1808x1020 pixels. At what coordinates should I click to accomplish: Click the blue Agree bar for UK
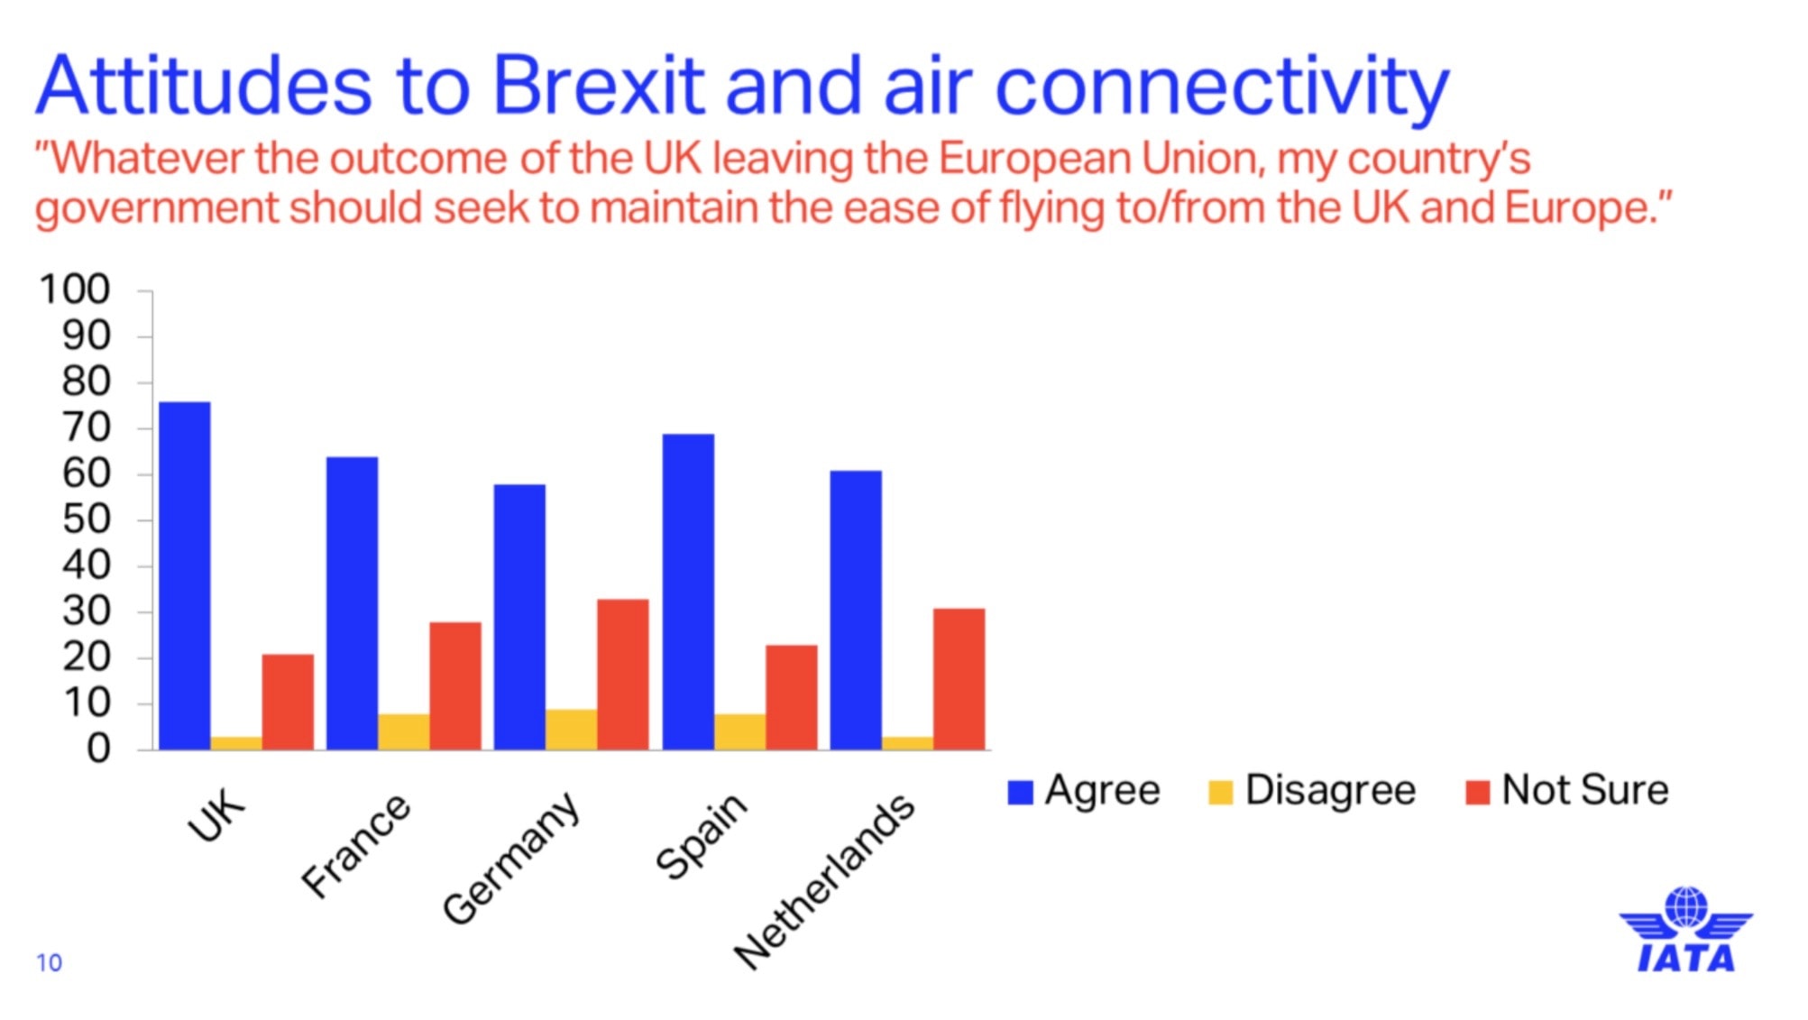point(185,575)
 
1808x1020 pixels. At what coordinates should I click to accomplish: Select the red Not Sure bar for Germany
point(623,675)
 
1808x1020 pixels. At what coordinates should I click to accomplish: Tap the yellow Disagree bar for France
point(404,731)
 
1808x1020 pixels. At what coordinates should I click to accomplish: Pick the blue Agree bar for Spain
point(688,592)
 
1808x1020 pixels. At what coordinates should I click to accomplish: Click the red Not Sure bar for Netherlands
point(959,679)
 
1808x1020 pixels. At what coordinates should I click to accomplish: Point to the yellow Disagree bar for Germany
point(572,730)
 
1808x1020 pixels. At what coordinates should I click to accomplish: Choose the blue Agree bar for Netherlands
point(856,610)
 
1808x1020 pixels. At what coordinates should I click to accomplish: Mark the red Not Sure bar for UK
point(289,702)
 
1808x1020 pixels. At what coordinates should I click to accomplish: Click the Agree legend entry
point(1084,791)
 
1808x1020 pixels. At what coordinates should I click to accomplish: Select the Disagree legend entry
point(1312,791)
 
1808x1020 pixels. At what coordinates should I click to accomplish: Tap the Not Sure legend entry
point(1567,790)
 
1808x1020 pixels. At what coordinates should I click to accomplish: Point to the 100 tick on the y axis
point(75,289)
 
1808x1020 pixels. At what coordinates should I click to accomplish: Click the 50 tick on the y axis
point(86,519)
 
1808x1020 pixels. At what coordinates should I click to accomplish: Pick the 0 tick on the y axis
point(98,749)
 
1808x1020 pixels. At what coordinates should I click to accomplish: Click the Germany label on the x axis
point(510,859)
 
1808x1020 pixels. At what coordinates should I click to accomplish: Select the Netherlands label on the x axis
point(824,882)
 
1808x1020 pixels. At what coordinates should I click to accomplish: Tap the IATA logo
point(1686,930)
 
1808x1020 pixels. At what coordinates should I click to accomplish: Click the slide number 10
point(50,963)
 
